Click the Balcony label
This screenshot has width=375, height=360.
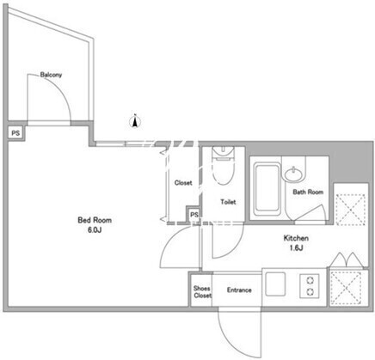[x=51, y=75]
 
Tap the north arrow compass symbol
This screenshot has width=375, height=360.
[x=135, y=120]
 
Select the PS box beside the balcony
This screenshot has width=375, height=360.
[x=15, y=133]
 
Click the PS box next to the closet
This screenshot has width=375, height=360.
[x=194, y=215]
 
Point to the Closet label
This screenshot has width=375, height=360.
[x=183, y=183]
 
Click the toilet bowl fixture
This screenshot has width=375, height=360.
[x=223, y=165]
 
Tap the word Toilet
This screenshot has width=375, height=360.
[x=228, y=202]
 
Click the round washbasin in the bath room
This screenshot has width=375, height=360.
[x=293, y=174]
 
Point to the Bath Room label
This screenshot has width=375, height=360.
[x=308, y=192]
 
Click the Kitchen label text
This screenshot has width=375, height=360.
[x=296, y=238]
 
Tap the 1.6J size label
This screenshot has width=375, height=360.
[x=296, y=248]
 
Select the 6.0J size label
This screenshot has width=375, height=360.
[x=95, y=230]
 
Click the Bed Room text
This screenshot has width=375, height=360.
[x=95, y=220]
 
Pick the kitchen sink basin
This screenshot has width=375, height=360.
[x=275, y=284]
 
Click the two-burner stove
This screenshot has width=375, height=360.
[x=310, y=286]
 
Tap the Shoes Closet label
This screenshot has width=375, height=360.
[x=202, y=292]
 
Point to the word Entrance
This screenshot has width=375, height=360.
[x=239, y=290]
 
